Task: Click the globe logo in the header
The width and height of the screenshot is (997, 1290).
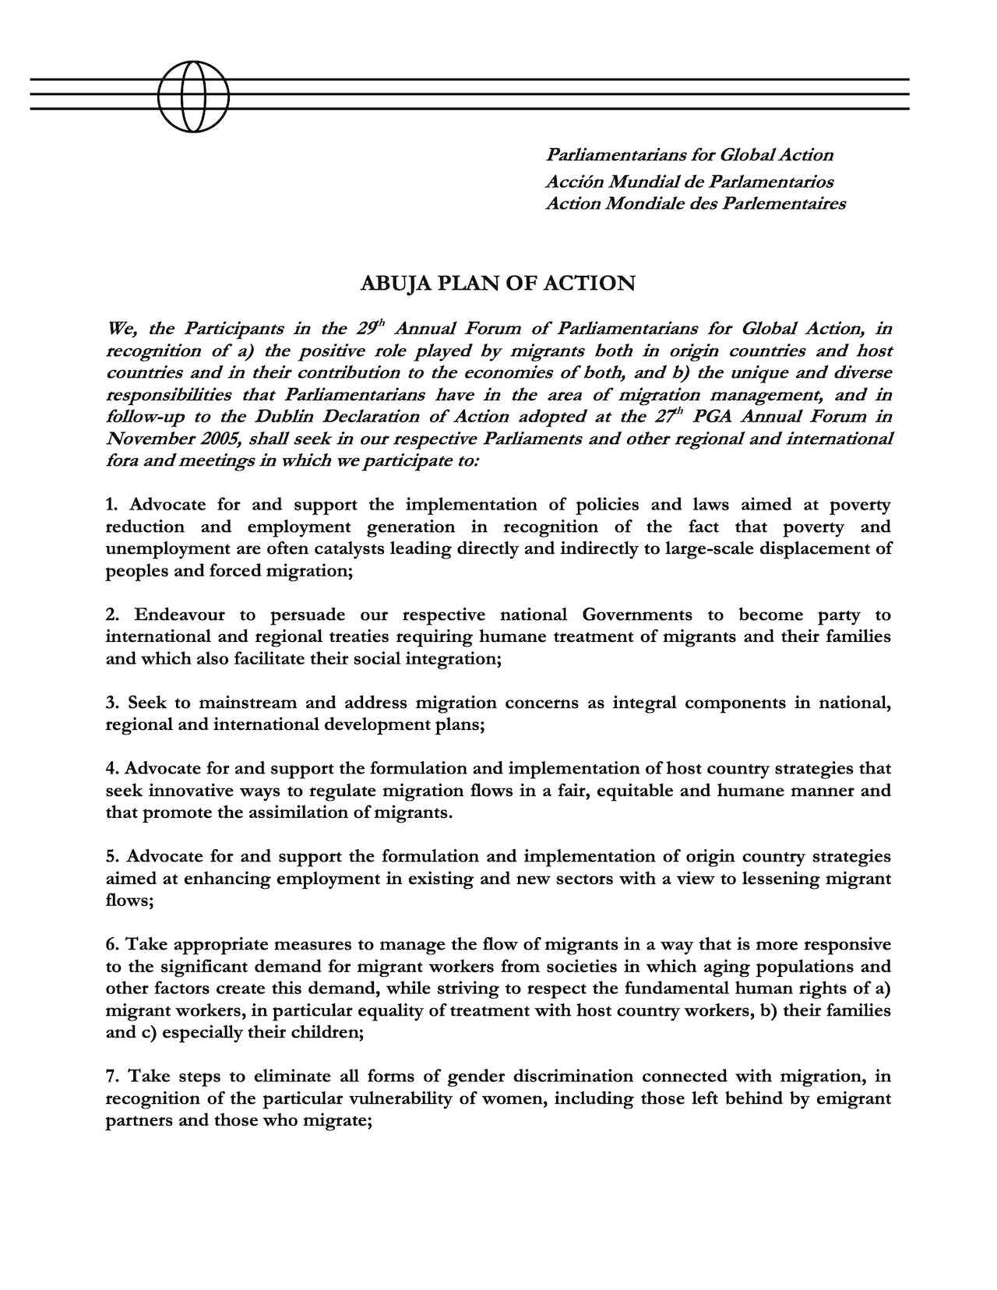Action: pyautogui.click(x=193, y=95)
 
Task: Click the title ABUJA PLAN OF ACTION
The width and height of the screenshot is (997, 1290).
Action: pyautogui.click(x=498, y=284)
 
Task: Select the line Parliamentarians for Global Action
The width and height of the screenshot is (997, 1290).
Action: pyautogui.click(x=689, y=155)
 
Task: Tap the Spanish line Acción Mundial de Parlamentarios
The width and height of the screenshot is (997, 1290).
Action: pyautogui.click(x=689, y=182)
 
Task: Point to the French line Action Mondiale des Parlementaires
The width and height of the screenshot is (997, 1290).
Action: pyautogui.click(x=695, y=204)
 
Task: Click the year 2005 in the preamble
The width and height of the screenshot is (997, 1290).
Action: pyautogui.click(x=218, y=439)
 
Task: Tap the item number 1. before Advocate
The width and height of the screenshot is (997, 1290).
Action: pyautogui.click(x=113, y=506)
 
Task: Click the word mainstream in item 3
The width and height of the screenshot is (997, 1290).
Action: pyautogui.click(x=247, y=703)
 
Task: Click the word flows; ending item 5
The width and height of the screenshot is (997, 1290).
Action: pyautogui.click(x=129, y=901)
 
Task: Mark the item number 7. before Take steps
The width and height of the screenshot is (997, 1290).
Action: pyautogui.click(x=113, y=1077)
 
